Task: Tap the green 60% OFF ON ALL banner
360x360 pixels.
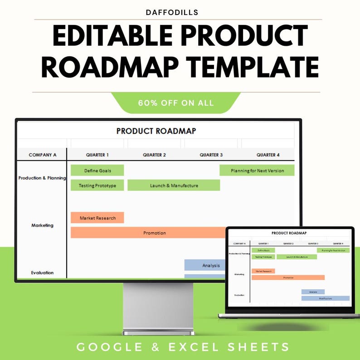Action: [176, 103]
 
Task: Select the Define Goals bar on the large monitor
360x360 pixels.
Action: [97, 170]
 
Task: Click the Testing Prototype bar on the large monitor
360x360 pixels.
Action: [97, 185]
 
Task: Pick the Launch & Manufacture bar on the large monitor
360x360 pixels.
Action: [174, 185]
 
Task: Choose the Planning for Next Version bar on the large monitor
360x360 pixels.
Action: [257, 170]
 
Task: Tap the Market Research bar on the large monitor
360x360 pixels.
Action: [97, 218]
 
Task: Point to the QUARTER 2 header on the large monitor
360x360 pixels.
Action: [154, 155]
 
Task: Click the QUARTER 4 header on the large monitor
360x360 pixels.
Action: [268, 155]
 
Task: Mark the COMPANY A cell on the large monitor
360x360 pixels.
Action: [43, 155]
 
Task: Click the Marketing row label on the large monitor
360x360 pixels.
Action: [42, 225]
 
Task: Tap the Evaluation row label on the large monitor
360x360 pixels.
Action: [42, 272]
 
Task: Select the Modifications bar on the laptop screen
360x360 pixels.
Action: [326, 298]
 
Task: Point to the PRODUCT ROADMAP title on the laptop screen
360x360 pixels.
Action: [289, 233]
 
